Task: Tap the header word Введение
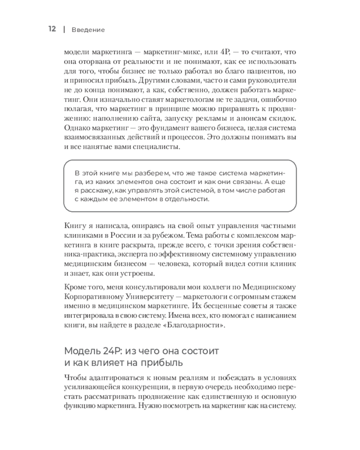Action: pos(88,30)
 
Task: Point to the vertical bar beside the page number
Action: pos(64,30)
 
